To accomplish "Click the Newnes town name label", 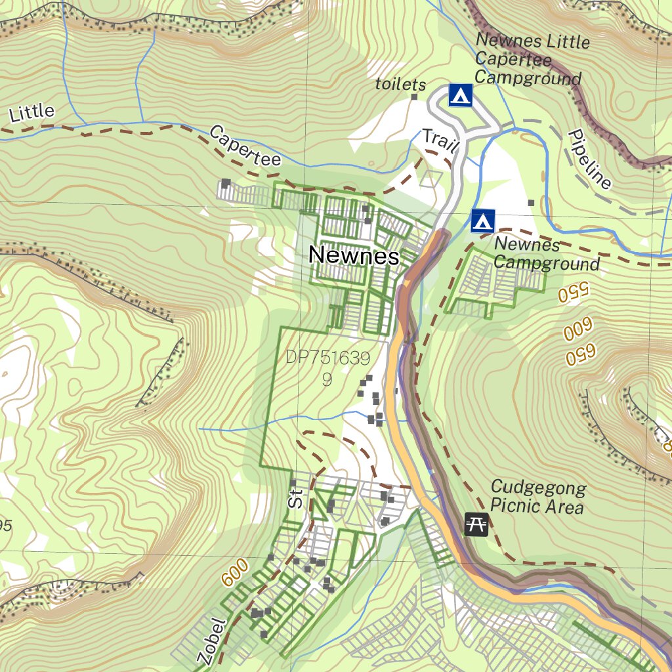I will [x=354, y=256].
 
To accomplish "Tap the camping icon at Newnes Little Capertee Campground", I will [x=461, y=95].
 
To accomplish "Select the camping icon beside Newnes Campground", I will [x=483, y=221].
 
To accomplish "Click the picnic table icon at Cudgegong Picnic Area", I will [x=476, y=524].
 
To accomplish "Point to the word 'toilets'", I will [x=400, y=85].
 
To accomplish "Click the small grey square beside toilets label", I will [x=414, y=97].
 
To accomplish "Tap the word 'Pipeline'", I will [x=589, y=159].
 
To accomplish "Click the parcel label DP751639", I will [x=328, y=358].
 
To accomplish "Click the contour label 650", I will [x=581, y=355].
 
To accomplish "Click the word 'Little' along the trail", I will [x=31, y=113].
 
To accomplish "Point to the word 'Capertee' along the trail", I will [x=245, y=146].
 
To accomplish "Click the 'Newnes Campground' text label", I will [x=546, y=254].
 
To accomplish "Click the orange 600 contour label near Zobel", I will [x=235, y=572].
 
